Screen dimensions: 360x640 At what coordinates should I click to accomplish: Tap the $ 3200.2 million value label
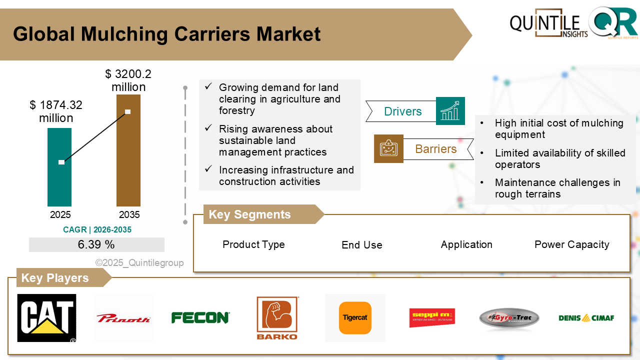coord(128,80)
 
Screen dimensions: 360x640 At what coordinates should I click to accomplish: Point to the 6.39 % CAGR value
coord(96,244)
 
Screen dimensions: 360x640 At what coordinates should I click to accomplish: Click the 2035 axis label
coord(129,215)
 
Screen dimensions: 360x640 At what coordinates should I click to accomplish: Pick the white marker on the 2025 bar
coord(61,162)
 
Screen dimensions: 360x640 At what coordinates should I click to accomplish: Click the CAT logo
coord(46,318)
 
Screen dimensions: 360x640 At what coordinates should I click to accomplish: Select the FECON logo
coord(200,317)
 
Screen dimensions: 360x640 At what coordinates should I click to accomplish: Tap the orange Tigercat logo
coord(355,317)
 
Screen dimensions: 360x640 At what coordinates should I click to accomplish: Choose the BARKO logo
coord(277,318)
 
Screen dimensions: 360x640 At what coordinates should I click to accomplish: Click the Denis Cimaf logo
coord(586,317)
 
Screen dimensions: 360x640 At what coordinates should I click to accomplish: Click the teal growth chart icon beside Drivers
coord(450,111)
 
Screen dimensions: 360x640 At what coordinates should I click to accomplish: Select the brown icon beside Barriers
coord(388,148)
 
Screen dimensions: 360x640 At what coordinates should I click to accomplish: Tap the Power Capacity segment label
coord(571,244)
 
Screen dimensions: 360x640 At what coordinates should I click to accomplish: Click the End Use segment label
coord(361,245)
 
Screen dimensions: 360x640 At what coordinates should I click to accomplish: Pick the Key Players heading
coord(55,278)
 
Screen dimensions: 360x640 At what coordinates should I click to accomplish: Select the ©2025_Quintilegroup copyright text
coord(139,262)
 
